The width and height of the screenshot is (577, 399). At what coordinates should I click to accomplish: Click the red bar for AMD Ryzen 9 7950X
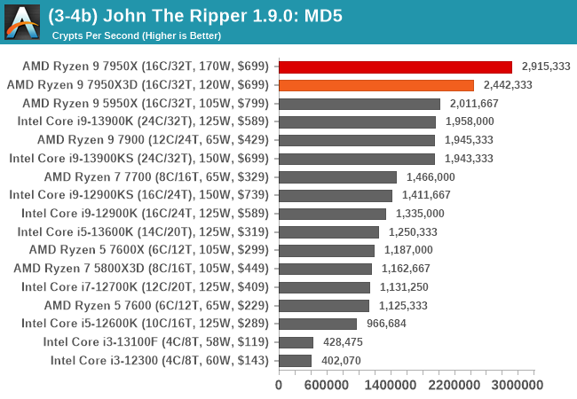(395, 66)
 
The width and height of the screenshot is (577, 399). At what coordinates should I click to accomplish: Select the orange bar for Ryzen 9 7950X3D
(376, 85)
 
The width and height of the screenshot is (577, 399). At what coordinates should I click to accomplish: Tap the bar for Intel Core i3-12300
(295, 360)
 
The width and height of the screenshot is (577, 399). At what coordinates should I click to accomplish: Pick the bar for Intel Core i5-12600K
(318, 324)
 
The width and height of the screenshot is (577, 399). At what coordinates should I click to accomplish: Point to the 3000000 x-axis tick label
(517, 385)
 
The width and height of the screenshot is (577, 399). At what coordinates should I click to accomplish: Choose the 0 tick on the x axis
(279, 385)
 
